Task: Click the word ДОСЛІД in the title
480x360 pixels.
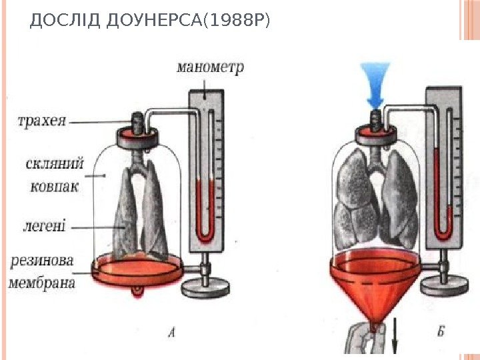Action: (55, 23)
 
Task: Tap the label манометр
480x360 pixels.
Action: (211, 67)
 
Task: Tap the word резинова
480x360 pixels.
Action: (41, 259)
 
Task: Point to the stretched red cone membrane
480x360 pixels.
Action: (375, 286)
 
